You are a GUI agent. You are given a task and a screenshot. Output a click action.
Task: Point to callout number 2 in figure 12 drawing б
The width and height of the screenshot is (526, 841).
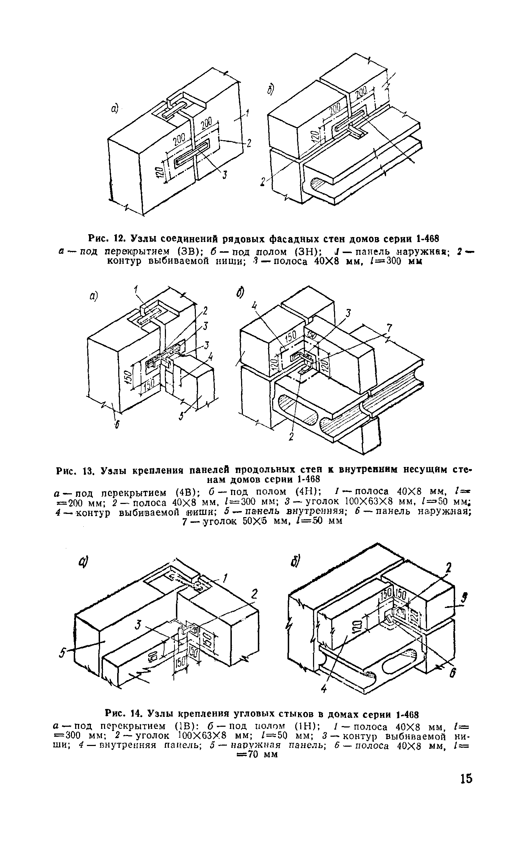coord(262,182)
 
